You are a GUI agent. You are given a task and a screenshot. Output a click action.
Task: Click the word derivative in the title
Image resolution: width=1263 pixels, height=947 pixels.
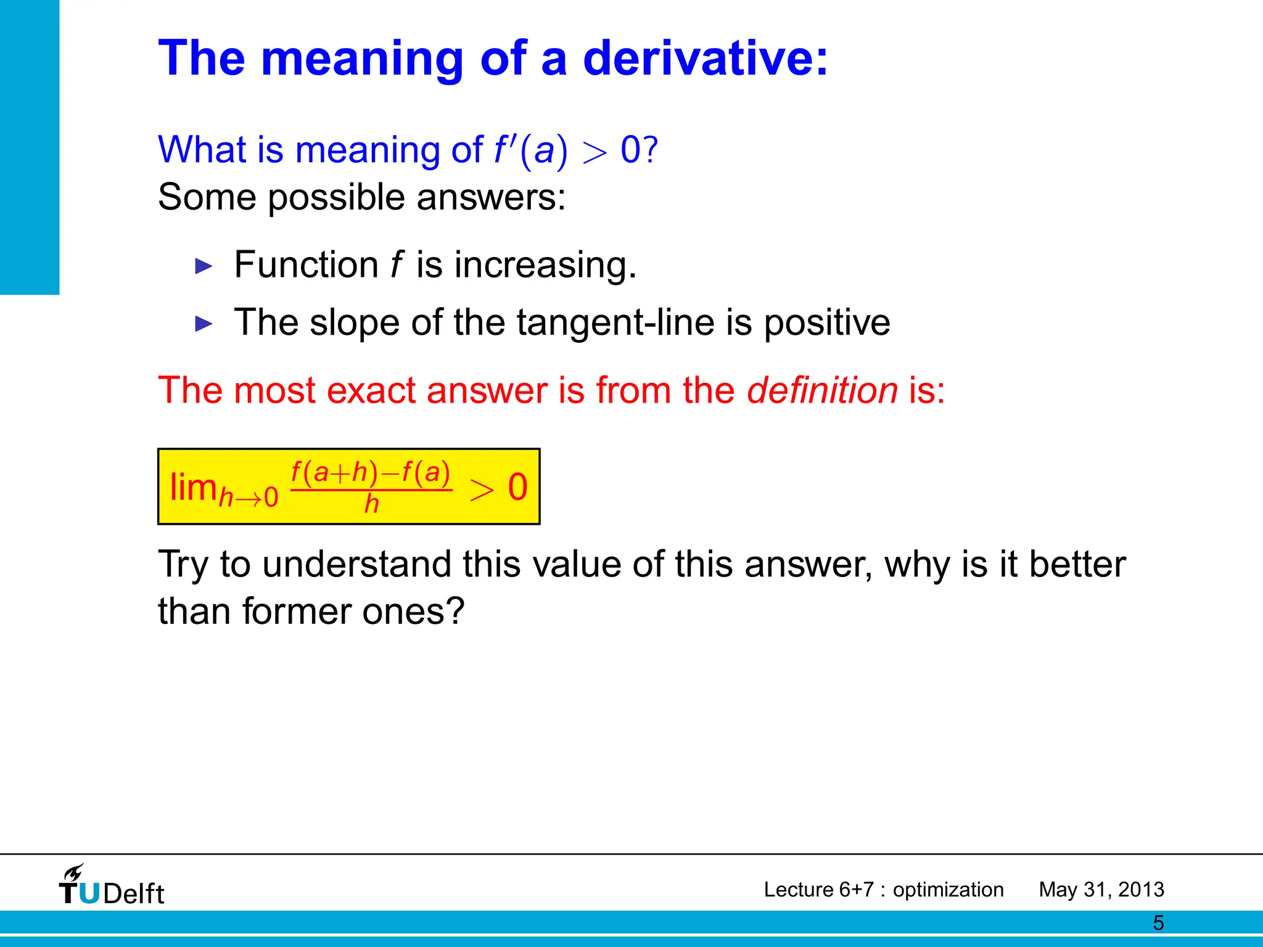(705, 58)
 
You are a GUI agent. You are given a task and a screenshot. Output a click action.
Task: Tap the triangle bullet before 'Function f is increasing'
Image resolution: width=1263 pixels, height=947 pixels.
(204, 266)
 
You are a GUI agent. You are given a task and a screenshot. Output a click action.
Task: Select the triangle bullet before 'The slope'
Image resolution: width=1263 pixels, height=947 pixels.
(204, 324)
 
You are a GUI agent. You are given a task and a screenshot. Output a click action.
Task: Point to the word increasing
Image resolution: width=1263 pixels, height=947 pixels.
(545, 265)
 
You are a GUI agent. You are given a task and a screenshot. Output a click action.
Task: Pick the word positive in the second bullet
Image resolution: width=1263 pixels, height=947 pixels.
(827, 324)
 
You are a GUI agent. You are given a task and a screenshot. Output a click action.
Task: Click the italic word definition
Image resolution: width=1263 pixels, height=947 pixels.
(822, 390)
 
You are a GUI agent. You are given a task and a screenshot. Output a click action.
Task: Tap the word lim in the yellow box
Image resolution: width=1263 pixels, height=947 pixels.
(192, 487)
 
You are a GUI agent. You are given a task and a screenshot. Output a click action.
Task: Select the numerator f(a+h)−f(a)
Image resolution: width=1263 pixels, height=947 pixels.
(371, 473)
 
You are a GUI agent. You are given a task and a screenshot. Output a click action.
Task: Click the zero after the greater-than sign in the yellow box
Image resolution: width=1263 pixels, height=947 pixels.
(517, 487)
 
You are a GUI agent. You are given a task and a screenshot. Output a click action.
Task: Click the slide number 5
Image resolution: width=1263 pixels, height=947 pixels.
(1158, 923)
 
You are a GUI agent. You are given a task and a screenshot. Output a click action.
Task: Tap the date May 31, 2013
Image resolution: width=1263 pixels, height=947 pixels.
(1101, 890)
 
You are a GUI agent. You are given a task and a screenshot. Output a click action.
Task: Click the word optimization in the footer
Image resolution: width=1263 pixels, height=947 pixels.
(948, 890)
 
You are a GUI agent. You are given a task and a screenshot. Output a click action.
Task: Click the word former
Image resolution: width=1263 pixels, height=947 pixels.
(296, 612)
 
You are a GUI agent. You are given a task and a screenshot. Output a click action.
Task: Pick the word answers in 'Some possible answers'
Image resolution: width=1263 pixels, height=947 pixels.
(491, 198)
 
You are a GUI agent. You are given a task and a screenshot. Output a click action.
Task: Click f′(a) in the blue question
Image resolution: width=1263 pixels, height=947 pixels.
(531, 150)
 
